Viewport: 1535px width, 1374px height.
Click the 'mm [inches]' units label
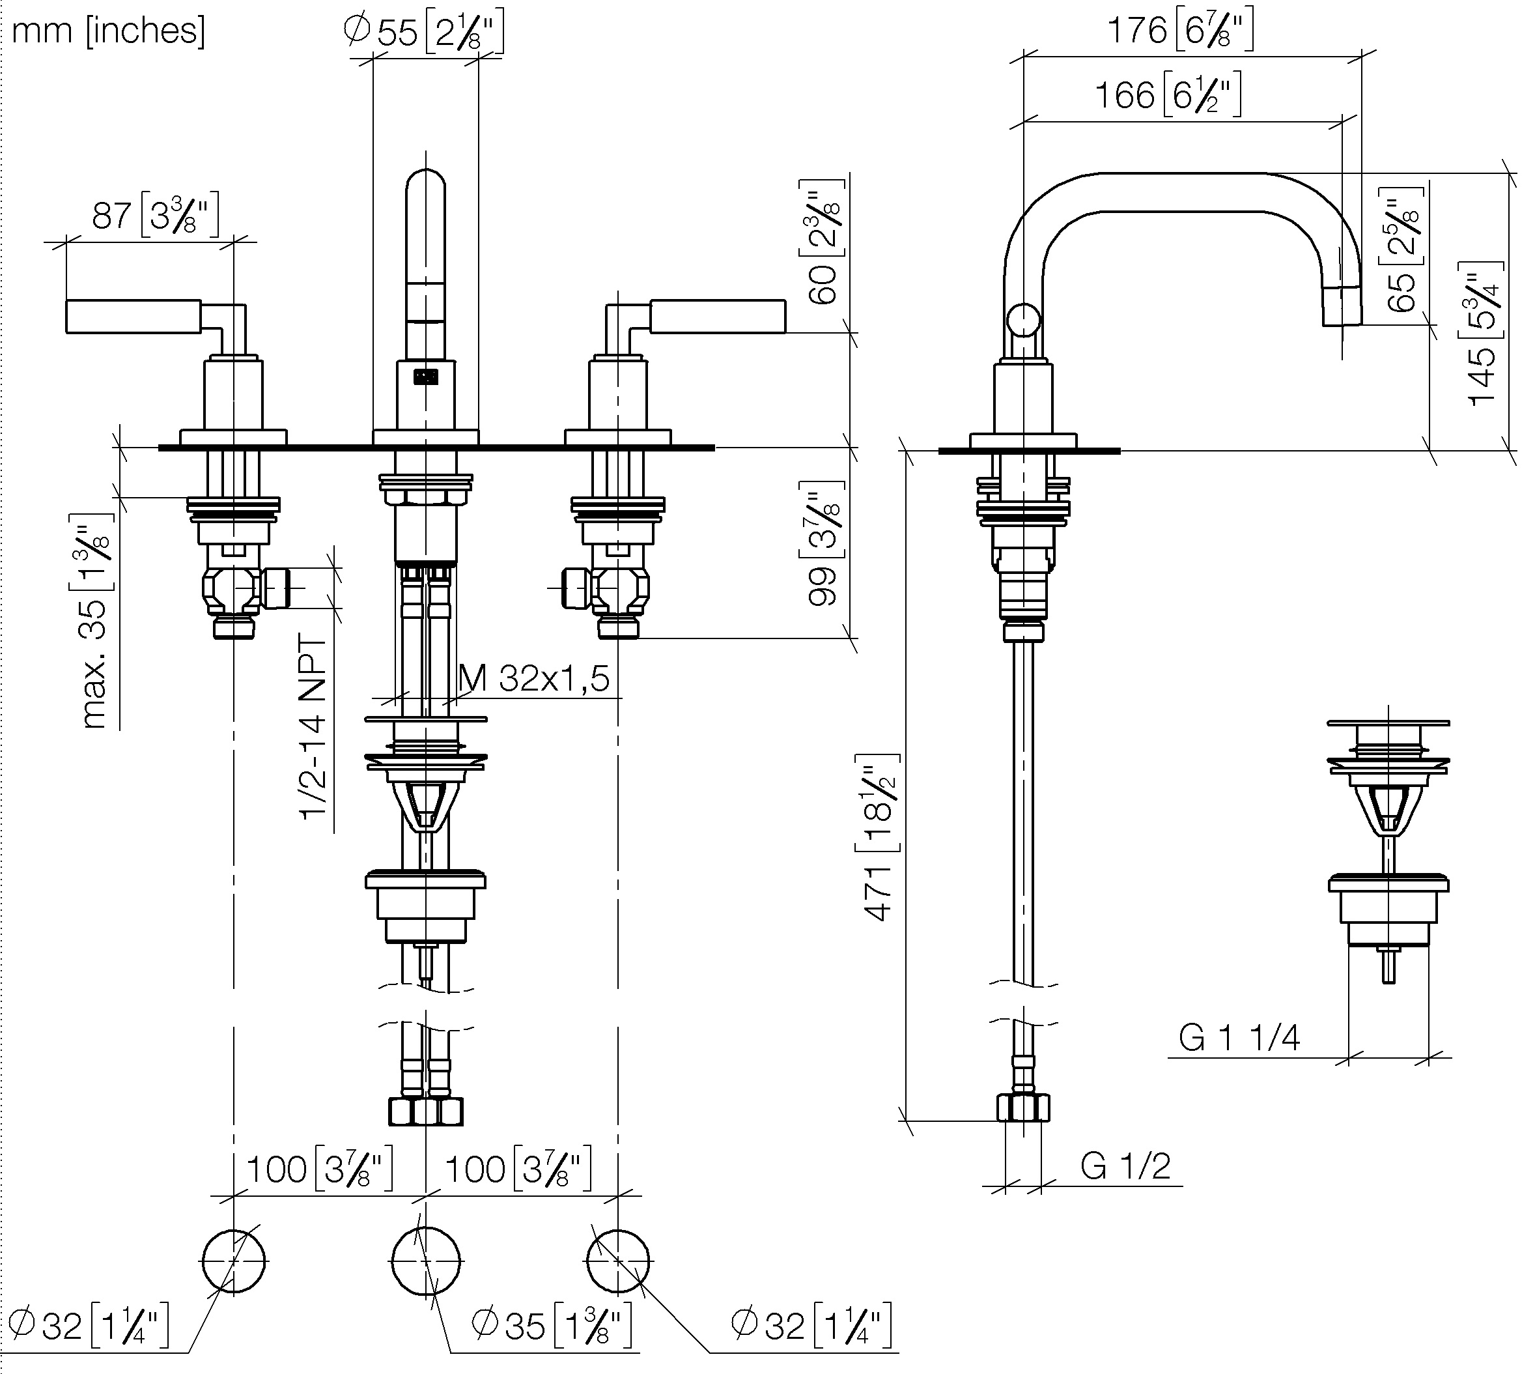click(x=109, y=32)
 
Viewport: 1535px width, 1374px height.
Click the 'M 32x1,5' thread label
click(x=533, y=678)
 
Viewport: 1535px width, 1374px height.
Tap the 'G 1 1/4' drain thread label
click(x=1239, y=1037)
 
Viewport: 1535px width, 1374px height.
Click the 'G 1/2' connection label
click(x=1125, y=1166)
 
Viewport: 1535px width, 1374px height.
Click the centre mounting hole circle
click(x=426, y=1261)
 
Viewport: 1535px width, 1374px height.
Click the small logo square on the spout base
click(x=427, y=376)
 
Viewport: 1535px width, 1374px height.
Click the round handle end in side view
click(x=1024, y=320)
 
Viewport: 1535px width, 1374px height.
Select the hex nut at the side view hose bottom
click(x=1023, y=1108)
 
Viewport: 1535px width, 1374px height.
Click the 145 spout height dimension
click(x=1484, y=333)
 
